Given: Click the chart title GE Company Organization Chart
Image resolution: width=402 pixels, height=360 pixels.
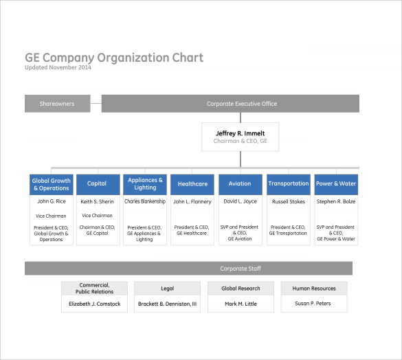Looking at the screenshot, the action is [114, 58].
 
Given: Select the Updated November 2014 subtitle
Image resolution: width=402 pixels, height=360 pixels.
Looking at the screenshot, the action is [58, 67].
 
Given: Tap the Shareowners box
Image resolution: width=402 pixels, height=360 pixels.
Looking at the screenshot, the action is [58, 104].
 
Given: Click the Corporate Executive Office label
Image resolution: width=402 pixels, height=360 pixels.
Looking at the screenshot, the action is [242, 104].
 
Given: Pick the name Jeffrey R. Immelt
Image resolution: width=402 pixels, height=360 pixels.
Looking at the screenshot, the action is [241, 133].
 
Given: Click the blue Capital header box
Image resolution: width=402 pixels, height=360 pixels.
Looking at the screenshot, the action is [98, 185].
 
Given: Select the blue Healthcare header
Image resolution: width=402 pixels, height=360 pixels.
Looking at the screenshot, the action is [192, 185].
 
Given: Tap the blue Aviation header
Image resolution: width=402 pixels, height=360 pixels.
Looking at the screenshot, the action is [241, 185].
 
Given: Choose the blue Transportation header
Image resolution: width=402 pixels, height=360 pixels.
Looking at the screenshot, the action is [289, 185].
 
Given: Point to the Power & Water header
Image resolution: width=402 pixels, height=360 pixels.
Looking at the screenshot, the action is [336, 185].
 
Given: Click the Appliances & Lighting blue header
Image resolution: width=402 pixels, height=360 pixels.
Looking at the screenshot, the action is [145, 185].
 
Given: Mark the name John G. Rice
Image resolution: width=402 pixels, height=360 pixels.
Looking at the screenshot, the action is [52, 201].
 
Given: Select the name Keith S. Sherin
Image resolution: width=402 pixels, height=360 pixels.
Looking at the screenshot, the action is [97, 201].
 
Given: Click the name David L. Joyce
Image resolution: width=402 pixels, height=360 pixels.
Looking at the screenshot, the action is [241, 201].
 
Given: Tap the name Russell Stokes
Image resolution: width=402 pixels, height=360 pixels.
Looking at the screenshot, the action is [289, 201].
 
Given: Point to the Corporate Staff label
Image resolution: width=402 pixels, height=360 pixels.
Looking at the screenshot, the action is [241, 269].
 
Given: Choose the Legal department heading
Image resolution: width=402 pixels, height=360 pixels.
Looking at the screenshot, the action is [168, 289].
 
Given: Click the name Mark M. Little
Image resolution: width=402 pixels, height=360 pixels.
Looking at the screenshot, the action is [241, 304].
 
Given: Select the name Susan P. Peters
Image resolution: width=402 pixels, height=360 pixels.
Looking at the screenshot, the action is [313, 304].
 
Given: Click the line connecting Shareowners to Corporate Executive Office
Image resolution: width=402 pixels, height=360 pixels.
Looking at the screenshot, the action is [96, 103].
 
